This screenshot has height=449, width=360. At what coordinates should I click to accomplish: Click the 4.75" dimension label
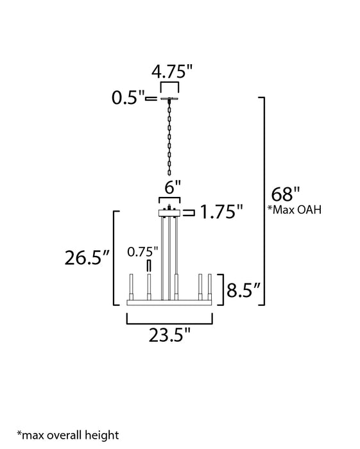coord(172,72)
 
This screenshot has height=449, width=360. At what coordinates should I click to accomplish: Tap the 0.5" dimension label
coord(128,98)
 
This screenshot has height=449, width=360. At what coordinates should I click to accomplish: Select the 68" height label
coord(286,194)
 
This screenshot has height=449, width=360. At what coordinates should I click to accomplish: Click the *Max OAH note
coord(295,210)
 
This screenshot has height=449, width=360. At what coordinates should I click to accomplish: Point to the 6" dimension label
coord(173,187)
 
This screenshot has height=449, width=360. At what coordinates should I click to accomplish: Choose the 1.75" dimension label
coord(221,212)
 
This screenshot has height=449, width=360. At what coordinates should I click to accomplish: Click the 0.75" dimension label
coord(142,252)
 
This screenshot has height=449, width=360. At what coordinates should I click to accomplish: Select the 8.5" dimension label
coord(243,290)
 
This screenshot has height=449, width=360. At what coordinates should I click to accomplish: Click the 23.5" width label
coord(169,335)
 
